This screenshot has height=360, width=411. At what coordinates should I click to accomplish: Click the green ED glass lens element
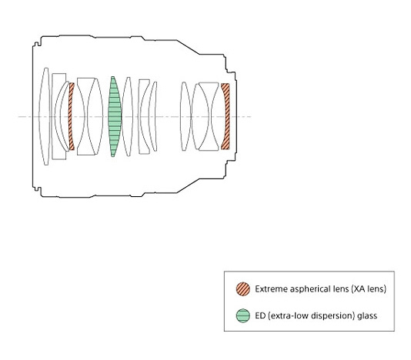pyautogui.click(x=115, y=117)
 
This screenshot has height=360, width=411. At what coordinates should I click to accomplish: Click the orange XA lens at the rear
pyautogui.click(x=226, y=116)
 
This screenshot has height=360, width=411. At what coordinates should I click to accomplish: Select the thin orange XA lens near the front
pyautogui.click(x=71, y=117)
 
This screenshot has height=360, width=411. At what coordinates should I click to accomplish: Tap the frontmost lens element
pyautogui.click(x=45, y=117)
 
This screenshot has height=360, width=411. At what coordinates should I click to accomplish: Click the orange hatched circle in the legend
pyautogui.click(x=243, y=289)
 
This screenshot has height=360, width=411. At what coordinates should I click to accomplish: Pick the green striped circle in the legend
pyautogui.click(x=243, y=315)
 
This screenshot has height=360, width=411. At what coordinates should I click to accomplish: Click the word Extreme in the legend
pyautogui.click(x=268, y=289)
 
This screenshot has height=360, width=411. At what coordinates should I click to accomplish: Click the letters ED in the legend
pyautogui.click(x=260, y=315)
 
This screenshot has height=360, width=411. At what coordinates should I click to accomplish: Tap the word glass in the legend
pyautogui.click(x=367, y=316)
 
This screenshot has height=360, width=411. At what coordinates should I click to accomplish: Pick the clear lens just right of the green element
pyautogui.click(x=128, y=117)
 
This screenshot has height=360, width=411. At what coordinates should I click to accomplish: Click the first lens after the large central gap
pyautogui.click(x=185, y=117)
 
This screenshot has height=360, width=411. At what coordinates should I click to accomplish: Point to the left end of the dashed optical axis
pyautogui.click(x=18, y=117)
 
